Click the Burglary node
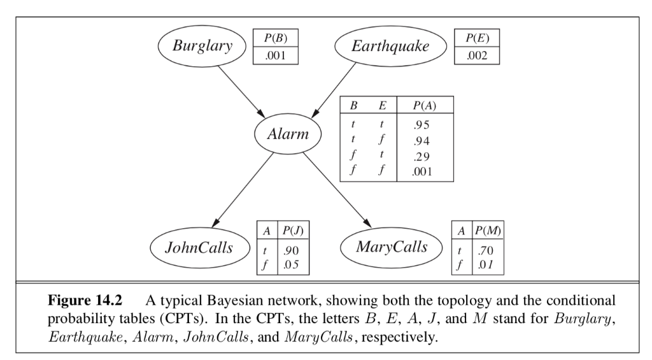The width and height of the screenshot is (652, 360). click(x=202, y=47)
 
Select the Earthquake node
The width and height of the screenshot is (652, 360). click(x=390, y=47)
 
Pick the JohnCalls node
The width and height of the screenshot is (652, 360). click(x=199, y=247)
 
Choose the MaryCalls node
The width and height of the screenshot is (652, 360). click(x=391, y=247)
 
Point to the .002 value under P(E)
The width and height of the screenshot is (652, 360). click(x=476, y=56)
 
